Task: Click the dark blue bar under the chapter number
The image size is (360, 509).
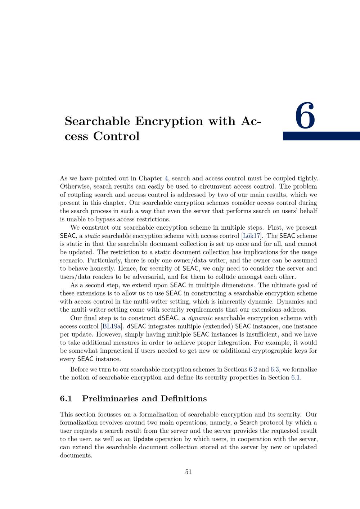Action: click(321, 136)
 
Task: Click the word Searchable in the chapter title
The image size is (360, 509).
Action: click(97, 121)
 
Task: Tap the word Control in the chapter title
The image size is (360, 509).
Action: click(116, 136)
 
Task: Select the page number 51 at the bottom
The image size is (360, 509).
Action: click(188, 472)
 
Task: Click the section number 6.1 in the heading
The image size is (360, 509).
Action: click(66, 398)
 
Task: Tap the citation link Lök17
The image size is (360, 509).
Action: click(252, 236)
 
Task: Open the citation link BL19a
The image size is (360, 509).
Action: click(111, 326)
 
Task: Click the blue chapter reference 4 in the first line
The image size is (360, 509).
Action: click(166, 179)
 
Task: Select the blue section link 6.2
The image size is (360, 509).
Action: click(253, 369)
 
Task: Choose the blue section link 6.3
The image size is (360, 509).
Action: click(275, 369)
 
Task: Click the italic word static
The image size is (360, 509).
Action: click(92, 236)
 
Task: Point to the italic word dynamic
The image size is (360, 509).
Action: click(200, 318)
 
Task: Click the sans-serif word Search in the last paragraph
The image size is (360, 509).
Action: click(248, 423)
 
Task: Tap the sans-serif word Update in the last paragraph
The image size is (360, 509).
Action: click(143, 439)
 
